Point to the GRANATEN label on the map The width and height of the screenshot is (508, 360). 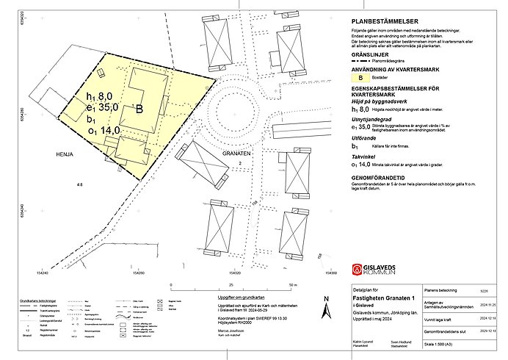point(236,154)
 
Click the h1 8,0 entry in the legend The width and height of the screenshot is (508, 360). point(360,109)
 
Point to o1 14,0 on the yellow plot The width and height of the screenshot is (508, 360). point(98,131)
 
